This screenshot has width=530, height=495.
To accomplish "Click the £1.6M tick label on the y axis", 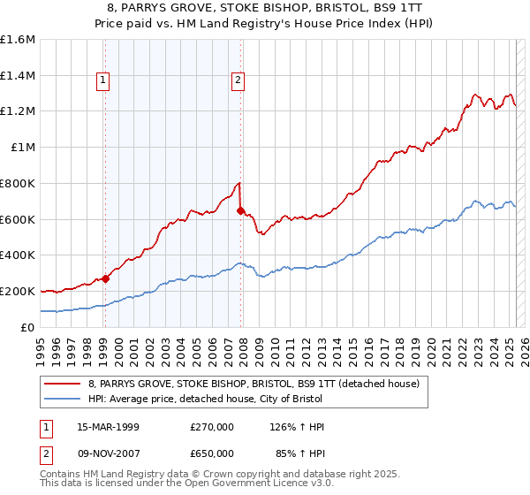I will [18, 40].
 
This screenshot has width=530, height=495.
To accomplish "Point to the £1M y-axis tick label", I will [22, 148].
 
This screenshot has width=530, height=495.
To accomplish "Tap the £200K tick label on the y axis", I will [18, 291].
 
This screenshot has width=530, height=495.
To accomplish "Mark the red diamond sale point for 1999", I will [106, 278].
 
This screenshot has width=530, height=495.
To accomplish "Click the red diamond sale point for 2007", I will [240, 210].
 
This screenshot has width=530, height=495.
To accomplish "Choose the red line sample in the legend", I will [63, 384].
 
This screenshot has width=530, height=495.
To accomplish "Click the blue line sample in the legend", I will [63, 399].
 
